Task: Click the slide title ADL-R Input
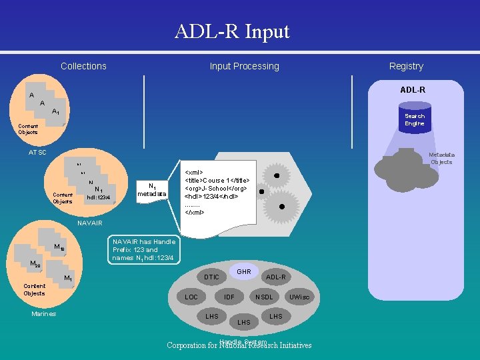[x=232, y=31]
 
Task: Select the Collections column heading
[x=83, y=66]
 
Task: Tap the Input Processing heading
[x=244, y=66]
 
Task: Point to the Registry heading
[x=406, y=66]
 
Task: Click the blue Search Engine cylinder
[x=414, y=117]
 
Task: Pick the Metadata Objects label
[x=441, y=158]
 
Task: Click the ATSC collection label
[x=37, y=153]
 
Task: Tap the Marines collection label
[x=44, y=314]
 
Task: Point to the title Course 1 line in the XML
[x=217, y=180]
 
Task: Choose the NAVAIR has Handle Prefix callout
[x=143, y=250]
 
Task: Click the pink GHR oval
[x=244, y=271]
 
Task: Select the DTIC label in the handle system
[x=211, y=277]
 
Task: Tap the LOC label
[x=191, y=297]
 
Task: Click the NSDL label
[x=264, y=297]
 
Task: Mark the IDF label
[x=229, y=297]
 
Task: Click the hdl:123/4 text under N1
[x=98, y=197]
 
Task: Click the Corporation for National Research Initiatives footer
[x=239, y=345]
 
